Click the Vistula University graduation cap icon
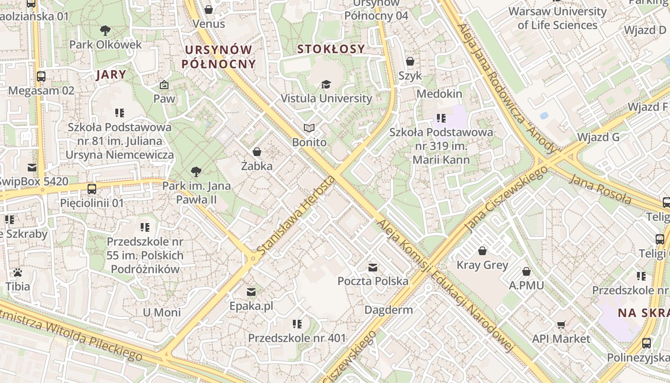(326, 84)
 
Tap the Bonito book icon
(309, 128)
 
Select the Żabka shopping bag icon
(257, 152)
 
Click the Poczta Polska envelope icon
(373, 267)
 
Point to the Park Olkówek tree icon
(105, 31)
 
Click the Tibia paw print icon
(18, 272)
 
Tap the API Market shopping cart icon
(561, 325)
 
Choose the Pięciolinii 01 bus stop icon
(92, 189)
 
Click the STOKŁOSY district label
(331, 49)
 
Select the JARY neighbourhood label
(111, 74)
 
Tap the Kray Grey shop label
(482, 265)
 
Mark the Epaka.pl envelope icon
(251, 292)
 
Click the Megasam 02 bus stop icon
(41, 76)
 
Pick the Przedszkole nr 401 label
(297, 338)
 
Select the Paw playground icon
(164, 85)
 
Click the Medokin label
(439, 93)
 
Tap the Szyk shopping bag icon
(410, 61)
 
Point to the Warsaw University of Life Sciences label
(558, 18)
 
